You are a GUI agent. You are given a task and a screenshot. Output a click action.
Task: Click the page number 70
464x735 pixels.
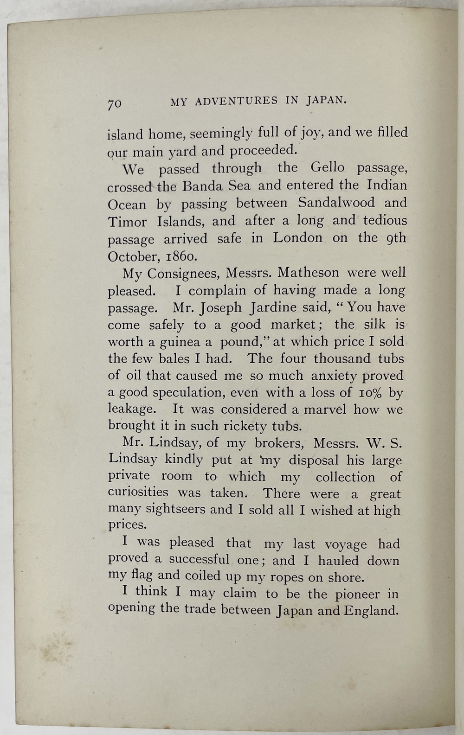115,103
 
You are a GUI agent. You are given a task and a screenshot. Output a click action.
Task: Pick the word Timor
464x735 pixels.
127,222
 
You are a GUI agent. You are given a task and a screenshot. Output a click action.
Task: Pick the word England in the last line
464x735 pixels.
371,610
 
